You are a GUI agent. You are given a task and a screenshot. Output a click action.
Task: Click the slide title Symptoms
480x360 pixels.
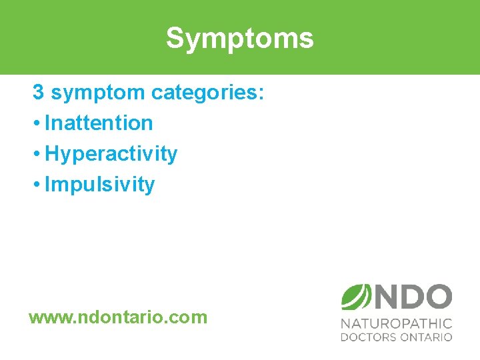tap(239, 38)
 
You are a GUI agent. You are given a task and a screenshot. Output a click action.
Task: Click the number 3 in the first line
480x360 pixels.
tap(39, 93)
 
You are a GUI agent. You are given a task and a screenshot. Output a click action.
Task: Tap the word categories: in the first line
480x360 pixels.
tap(207, 93)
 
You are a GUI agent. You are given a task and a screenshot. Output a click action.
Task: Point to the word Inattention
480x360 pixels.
tap(99, 123)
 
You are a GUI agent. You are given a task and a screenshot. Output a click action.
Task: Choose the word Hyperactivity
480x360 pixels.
tap(111, 154)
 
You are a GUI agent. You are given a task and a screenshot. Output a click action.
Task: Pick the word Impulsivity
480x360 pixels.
tap(99, 185)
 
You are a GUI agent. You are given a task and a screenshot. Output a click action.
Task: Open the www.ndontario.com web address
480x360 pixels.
tap(118, 317)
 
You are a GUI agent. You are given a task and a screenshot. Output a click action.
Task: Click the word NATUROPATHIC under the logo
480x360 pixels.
tap(397, 323)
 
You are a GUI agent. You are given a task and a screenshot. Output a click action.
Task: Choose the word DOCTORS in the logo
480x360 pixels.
tap(369, 337)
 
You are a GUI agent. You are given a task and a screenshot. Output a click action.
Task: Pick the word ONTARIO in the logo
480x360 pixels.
tap(426, 337)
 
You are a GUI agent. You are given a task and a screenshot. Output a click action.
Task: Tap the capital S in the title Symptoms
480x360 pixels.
tap(175, 38)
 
